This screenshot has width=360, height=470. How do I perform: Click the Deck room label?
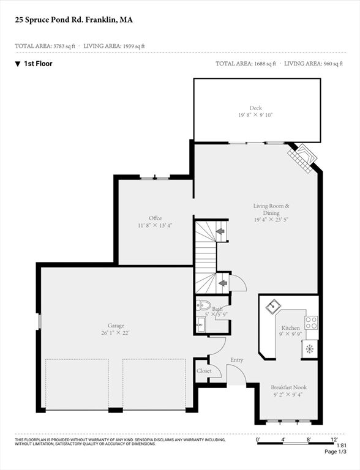pos(255,108)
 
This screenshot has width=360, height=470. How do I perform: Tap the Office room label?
pos(155,218)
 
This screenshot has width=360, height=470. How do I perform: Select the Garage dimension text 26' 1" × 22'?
pos(116,333)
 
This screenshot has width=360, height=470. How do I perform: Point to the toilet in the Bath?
pos(203,305)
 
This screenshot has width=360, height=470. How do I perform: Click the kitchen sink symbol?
pos(273,307)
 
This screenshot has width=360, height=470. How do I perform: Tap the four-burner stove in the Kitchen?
pos(312,323)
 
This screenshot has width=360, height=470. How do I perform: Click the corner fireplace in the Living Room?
pos(302,158)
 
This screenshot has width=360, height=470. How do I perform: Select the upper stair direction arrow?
pos(221,231)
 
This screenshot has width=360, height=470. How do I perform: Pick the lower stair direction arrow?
pos(223,283)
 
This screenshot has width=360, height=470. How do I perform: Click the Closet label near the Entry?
pos(204,371)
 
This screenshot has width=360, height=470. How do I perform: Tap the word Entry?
pos(237,360)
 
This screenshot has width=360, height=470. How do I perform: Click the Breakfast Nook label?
pos(288,387)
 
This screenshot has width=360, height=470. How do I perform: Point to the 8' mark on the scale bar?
pos(309,440)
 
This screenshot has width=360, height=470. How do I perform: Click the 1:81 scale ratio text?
pos(342,446)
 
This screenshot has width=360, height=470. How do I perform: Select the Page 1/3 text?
pos(336,452)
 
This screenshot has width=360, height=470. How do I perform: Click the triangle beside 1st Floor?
pos(18,64)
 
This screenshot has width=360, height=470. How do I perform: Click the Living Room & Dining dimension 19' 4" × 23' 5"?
pos(271,220)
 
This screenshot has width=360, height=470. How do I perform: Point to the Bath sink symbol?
pos(200,325)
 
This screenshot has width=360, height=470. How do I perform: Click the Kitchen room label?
pos(290,328)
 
